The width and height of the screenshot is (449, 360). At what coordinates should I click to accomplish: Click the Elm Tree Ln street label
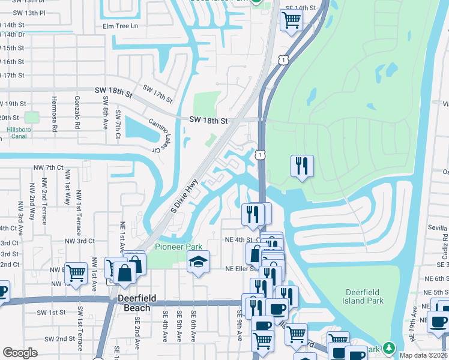point(120,26)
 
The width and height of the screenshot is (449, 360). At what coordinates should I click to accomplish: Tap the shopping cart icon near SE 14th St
point(291,19)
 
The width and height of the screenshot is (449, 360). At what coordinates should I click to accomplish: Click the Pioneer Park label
point(178,247)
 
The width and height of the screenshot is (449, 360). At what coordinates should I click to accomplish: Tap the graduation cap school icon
point(198,262)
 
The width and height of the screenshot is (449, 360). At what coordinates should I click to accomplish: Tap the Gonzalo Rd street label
point(77,113)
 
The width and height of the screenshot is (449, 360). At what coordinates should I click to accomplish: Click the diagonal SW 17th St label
point(157,93)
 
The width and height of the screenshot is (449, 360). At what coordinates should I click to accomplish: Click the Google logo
point(20,353)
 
